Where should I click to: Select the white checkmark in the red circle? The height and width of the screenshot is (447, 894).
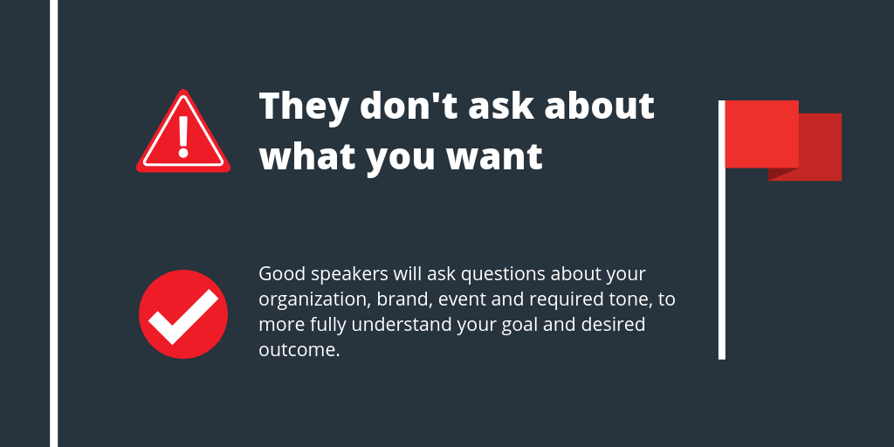click(183, 315)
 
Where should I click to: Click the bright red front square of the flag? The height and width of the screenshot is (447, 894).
click(761, 133)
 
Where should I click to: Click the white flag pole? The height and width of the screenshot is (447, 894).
click(722, 262)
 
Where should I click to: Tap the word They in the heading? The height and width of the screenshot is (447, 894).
click(298, 107)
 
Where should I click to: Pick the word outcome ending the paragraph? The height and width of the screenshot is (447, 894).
click(299, 351)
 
